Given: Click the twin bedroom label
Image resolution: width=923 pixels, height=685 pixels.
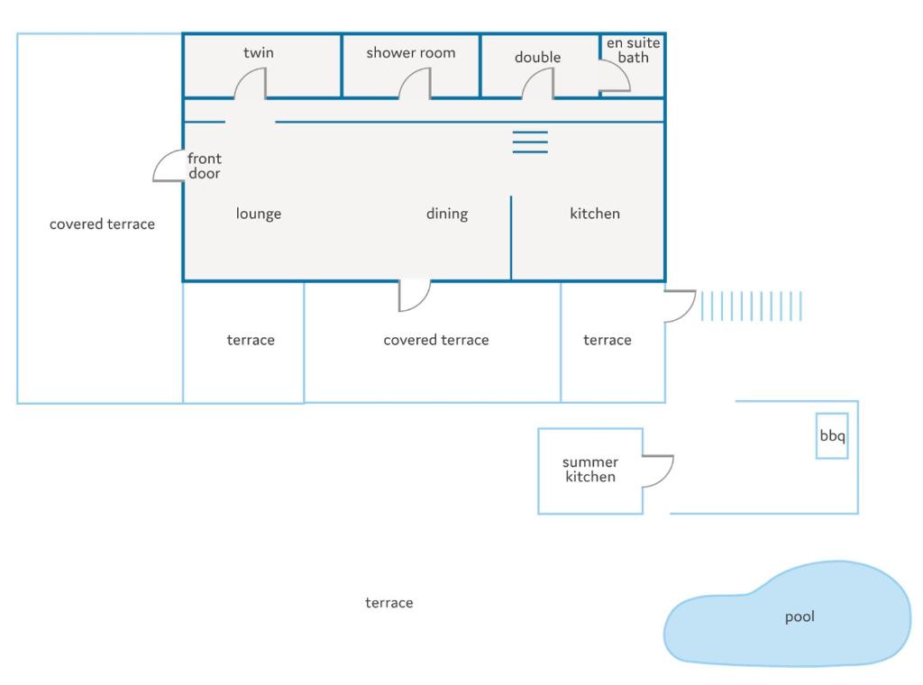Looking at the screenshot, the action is (x=259, y=53).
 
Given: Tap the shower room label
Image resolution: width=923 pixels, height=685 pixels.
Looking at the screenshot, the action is (x=411, y=53).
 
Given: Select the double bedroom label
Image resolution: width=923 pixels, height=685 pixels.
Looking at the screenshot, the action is (x=537, y=57).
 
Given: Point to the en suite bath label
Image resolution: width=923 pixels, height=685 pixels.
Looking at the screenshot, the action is (x=634, y=50).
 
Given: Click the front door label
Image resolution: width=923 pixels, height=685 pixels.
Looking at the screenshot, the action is (x=205, y=166).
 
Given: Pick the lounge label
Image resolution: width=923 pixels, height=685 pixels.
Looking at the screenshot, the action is (x=259, y=214).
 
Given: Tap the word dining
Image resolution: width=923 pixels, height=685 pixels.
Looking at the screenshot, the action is (x=447, y=214).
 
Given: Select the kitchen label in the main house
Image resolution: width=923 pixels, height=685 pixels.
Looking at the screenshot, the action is (x=595, y=214).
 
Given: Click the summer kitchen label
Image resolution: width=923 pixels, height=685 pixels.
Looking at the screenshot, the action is (x=590, y=469).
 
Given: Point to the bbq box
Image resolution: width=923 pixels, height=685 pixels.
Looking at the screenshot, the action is (x=832, y=436).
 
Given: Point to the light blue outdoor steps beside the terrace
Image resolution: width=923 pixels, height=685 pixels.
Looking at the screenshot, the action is (x=751, y=306).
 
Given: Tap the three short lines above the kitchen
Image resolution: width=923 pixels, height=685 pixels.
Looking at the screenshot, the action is (x=530, y=142).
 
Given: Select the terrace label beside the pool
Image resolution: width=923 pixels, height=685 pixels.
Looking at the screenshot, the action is (x=389, y=603).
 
